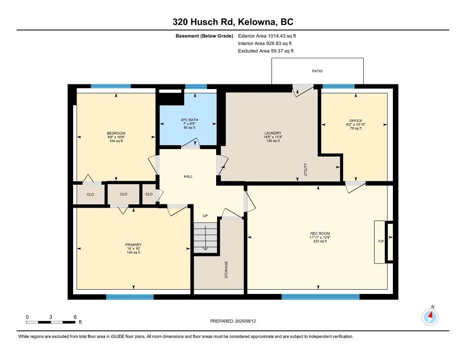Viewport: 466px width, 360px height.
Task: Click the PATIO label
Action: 317,71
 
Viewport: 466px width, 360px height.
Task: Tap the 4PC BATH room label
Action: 189,120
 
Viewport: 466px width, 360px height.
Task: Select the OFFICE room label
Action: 356,120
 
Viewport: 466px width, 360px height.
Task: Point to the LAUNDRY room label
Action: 273,133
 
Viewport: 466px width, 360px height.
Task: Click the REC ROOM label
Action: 320,233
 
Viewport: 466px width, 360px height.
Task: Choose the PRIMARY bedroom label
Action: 133,245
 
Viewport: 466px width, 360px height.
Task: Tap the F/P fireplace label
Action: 381,241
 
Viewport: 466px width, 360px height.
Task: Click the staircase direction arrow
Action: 205,238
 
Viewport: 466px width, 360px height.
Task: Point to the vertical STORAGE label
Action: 226,270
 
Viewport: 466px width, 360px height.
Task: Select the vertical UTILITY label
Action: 306,169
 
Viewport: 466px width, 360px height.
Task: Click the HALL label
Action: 188,177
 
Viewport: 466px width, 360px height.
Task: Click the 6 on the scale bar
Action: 75,317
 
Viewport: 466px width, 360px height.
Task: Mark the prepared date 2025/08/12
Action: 246,321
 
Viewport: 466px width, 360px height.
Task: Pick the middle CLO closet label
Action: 124,194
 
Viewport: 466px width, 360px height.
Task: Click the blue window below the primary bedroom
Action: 130,297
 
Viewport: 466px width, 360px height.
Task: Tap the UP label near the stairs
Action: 205,216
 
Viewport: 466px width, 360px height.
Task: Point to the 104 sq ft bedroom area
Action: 116,141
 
